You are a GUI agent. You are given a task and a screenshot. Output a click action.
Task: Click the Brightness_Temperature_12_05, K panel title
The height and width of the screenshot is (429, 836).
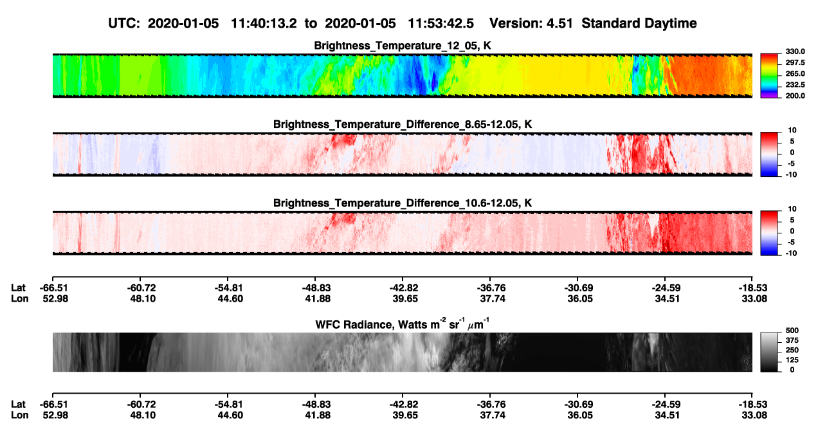point(403,46)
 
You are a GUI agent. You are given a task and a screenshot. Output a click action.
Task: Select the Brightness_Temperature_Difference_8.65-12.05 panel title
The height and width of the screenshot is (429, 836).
point(403,124)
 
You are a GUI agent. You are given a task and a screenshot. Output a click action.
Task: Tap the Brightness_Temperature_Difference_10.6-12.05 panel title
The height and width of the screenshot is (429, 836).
point(403,203)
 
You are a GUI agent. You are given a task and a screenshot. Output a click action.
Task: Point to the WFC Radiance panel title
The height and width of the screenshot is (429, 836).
point(403,324)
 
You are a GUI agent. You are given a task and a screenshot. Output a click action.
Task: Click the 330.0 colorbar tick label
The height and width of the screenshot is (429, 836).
point(795,51)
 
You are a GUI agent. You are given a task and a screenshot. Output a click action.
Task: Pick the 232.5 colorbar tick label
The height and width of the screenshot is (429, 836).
point(795,85)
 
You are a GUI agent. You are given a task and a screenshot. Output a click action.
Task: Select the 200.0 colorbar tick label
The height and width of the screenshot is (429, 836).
point(795,96)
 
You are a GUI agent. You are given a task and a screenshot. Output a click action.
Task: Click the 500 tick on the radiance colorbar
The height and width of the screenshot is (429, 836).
point(792,331)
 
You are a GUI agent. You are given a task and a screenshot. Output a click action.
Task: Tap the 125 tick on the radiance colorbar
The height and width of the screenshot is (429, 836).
point(792,360)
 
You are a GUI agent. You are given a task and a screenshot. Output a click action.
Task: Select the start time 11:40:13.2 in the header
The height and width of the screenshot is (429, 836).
point(264,24)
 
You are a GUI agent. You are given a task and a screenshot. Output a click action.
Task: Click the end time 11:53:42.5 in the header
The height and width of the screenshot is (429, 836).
point(441,24)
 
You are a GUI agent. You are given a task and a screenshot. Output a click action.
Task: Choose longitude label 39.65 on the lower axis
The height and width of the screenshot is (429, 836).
point(405,415)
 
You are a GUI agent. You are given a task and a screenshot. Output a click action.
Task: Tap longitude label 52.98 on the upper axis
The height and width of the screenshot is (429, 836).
point(55,298)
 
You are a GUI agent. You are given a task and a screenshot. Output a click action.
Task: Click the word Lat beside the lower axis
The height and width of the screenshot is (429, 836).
point(18,405)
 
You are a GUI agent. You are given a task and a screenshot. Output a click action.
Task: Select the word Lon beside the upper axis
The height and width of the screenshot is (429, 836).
point(19,298)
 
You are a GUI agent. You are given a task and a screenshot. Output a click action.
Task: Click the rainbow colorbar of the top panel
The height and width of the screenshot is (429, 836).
point(769,76)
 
